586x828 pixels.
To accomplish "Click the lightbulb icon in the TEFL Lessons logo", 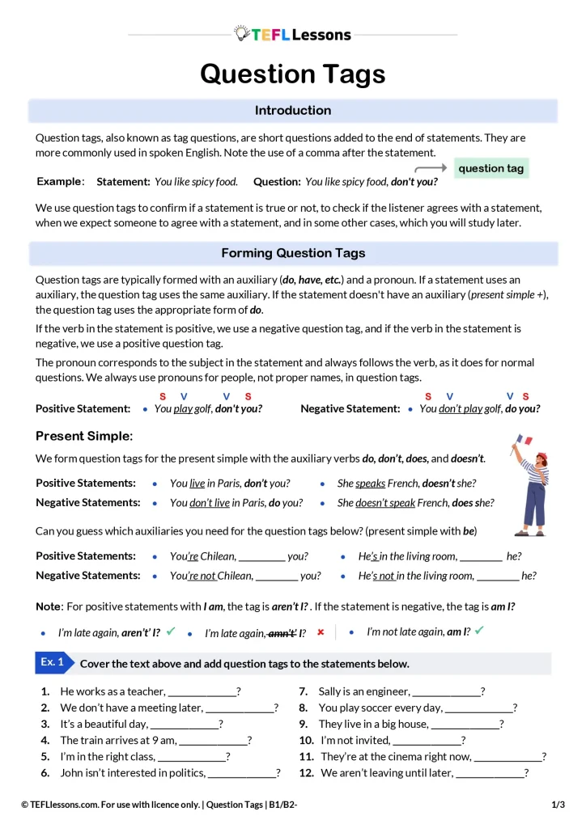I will point(241,33).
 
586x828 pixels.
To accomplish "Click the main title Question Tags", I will point(292,74).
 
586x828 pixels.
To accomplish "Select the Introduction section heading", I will point(292,111).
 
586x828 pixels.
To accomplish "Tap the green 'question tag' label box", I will point(491,168).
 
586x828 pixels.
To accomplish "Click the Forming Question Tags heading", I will point(292,253).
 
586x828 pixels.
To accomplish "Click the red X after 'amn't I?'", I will point(321,632).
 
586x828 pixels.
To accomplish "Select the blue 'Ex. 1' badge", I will point(52,662).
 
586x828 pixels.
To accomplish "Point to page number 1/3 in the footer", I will point(558,805).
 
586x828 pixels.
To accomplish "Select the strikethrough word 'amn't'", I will point(281,633).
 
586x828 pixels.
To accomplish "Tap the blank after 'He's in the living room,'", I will point(482,556).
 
